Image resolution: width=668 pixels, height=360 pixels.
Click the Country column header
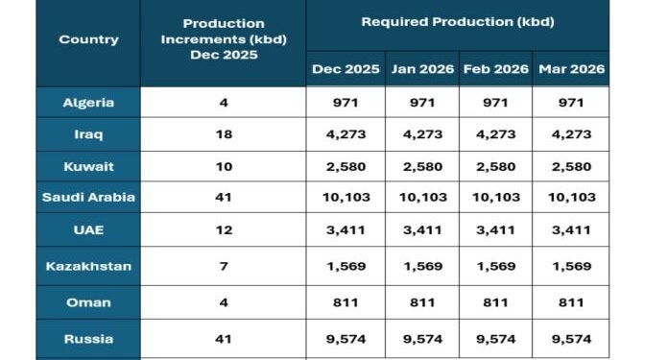coord(88,39)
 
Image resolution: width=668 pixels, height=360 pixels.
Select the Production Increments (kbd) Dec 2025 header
coord(223,38)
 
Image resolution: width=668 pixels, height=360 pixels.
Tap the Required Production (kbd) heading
coord(458,21)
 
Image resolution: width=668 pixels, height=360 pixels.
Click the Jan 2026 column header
coord(421,69)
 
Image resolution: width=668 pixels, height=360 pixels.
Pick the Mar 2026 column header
coord(572,69)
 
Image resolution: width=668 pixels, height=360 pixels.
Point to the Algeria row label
coord(88,102)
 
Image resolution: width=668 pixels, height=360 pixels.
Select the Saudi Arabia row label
coord(88,197)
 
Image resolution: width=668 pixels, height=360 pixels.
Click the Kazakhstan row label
coord(88,266)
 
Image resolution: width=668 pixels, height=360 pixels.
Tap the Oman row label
coord(88,302)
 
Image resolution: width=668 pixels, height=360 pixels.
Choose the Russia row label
coord(88,339)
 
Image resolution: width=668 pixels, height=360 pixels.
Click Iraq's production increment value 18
coord(223,134)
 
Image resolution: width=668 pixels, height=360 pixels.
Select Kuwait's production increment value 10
coord(223,166)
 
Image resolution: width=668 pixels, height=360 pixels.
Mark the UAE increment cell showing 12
coord(223,230)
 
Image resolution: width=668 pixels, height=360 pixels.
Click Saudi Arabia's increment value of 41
coord(223,197)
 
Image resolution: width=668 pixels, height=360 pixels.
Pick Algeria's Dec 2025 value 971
coord(346,102)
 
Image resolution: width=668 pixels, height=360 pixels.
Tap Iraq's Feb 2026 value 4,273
coord(496,134)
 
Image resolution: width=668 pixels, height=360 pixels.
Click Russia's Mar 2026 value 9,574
coord(572,339)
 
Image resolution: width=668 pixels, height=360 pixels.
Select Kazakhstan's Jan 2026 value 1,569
coord(421,266)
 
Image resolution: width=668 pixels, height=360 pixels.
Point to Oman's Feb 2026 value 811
coord(496,302)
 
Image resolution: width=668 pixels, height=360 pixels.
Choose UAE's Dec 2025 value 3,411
coord(346,230)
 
